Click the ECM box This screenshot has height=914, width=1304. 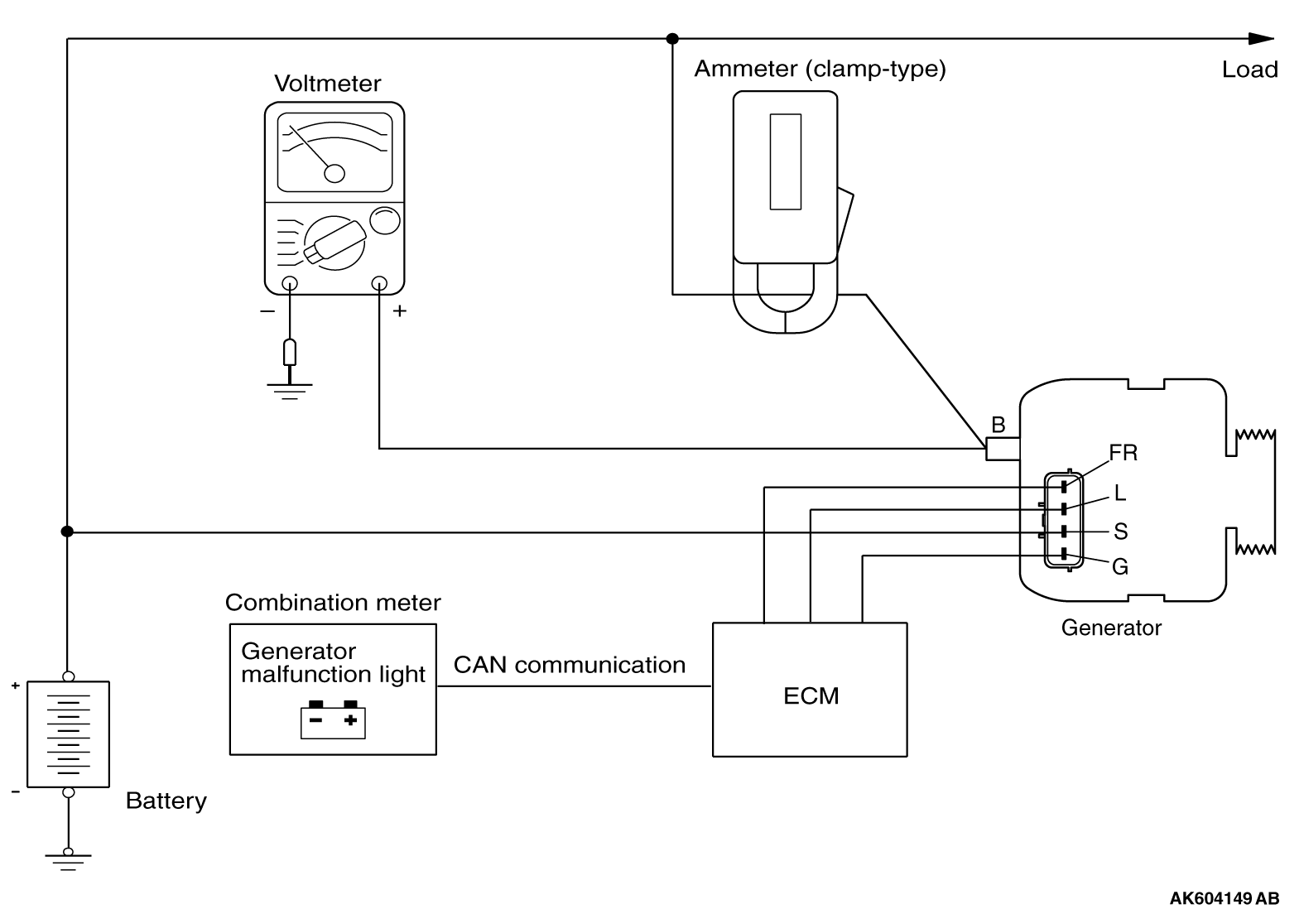click(810, 690)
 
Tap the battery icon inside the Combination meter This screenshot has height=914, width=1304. click(333, 719)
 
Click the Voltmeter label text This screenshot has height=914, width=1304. click(328, 84)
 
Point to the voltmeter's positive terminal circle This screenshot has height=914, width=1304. click(379, 283)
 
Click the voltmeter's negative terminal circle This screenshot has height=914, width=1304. click(290, 283)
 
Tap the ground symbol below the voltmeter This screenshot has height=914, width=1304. click(289, 389)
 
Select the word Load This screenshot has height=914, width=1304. click(1249, 70)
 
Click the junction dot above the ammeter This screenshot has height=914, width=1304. click(672, 38)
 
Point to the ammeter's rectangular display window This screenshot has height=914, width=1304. click(785, 161)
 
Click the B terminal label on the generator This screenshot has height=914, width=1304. click(998, 425)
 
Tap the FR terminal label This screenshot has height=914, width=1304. click(1124, 453)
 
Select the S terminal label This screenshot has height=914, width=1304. click(1120, 531)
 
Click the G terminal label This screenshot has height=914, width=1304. click(1120, 567)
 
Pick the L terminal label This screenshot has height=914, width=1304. click(1120, 493)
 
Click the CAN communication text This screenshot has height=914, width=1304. click(570, 665)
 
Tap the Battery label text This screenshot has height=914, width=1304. click(166, 801)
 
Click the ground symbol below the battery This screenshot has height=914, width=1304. click(69, 859)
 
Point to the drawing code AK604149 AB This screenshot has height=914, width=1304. click(1224, 898)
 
